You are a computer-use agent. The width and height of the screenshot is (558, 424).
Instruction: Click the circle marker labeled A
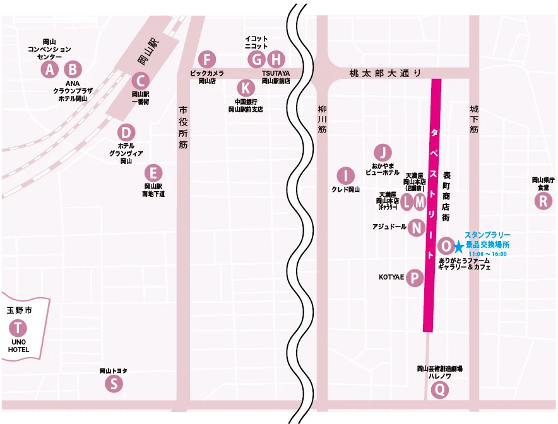pyautogui.click(x=49, y=69)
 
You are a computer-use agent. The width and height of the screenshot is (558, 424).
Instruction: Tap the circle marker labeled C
pyautogui.click(x=140, y=80)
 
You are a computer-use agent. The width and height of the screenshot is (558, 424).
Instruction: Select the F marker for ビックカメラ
pyautogui.click(x=206, y=59)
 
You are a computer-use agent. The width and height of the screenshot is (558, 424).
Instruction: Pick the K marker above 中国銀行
pyautogui.click(x=246, y=87)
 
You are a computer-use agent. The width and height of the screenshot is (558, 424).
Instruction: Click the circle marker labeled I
pyautogui.click(x=345, y=175)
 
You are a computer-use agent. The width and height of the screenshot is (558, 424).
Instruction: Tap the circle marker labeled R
pyautogui.click(x=543, y=201)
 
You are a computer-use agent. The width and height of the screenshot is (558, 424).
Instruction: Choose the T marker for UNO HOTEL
pyautogui.click(x=18, y=328)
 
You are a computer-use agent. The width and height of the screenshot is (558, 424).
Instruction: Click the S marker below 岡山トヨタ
pyautogui.click(x=114, y=383)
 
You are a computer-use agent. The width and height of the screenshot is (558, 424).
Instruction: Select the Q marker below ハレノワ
pyautogui.click(x=440, y=390)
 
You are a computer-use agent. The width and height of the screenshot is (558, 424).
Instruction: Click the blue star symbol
pyautogui.click(x=458, y=246)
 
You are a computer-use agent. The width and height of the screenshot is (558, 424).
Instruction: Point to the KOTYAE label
pyautogui.click(x=391, y=277)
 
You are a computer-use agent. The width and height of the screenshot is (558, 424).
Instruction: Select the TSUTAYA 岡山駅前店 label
pyautogui.click(x=276, y=77)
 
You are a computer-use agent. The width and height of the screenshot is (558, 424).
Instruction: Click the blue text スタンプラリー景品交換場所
pyautogui.click(x=487, y=239)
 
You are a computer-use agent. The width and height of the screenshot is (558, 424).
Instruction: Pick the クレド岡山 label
pyautogui.click(x=345, y=189)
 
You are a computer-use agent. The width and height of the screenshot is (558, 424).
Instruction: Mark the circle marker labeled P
pyautogui.click(x=414, y=278)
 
